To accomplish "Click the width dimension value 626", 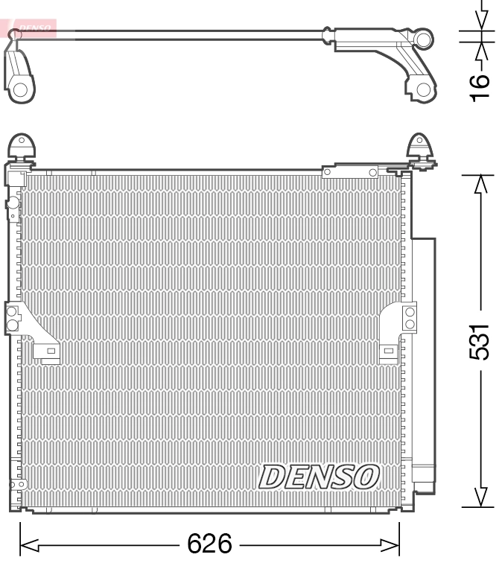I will click(x=210, y=544).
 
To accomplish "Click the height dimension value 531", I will click(x=483, y=341).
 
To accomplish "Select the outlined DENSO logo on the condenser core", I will click(x=319, y=476).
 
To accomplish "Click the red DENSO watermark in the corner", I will click(x=30, y=29).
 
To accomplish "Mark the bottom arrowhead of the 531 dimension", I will click(x=483, y=497).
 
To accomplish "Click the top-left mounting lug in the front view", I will click(x=22, y=147).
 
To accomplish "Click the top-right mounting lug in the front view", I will click(x=421, y=147).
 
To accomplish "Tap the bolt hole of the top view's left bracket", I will click(x=20, y=90).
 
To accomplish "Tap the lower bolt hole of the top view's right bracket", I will click(x=423, y=90).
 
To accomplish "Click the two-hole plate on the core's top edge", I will click(x=350, y=173).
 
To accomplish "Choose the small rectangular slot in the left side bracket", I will click(x=51, y=350).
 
